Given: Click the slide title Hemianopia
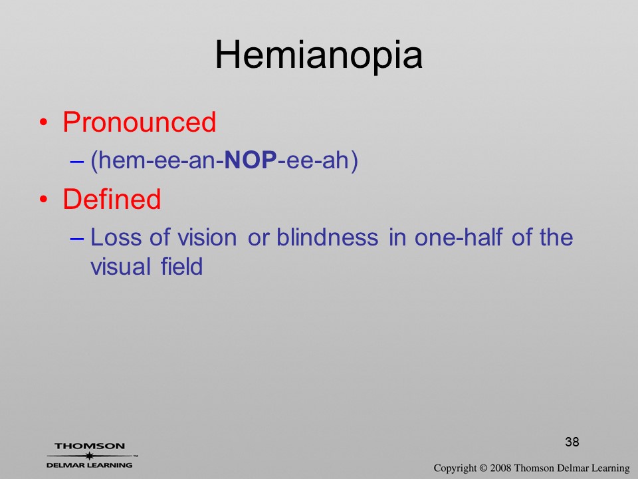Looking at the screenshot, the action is coord(318,56).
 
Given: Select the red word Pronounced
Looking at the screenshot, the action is coord(139,122).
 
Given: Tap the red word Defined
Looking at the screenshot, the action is coord(112,199).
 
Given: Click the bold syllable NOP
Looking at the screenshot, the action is coord(251,160).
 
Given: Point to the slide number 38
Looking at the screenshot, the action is coord(572,442).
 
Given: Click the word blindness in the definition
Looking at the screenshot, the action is coord(328,237).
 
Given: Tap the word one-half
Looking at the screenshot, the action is coord(459,237).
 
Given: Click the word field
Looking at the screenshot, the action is coord(181,266).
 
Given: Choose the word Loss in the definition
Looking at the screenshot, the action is coord(116,237).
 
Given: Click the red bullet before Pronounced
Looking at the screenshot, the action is coord(44,122).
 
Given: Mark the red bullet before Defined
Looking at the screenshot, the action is coord(44,199).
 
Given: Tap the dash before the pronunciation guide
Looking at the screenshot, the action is coord(77,161).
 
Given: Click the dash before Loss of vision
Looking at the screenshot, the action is coord(77,239).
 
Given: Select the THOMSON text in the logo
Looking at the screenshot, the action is coord(90,446).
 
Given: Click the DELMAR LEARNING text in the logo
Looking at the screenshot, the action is coord(90,465).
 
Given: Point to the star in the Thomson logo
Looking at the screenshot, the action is coord(90,456).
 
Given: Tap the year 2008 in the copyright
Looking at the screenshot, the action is coord(500,468).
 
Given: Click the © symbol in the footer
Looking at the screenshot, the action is coord(483,468).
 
